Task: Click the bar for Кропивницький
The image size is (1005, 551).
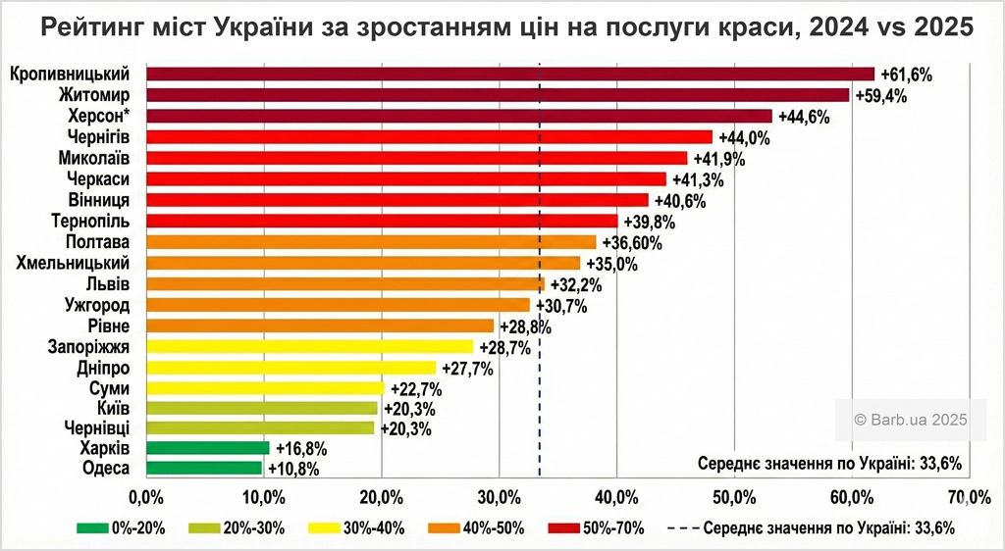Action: (509, 74)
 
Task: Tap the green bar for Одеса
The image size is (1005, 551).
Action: (204, 469)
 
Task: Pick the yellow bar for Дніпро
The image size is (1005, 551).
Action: (291, 368)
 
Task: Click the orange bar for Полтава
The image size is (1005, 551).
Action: (371, 242)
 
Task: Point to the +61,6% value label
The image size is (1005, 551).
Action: (906, 75)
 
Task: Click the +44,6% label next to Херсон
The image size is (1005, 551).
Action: (804, 117)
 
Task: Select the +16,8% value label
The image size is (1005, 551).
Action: (300, 448)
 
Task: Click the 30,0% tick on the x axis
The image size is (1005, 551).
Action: (499, 493)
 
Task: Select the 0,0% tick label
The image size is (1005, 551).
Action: (145, 493)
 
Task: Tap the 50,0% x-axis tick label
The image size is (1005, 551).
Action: (734, 493)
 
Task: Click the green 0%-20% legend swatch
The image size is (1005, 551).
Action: (92, 528)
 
